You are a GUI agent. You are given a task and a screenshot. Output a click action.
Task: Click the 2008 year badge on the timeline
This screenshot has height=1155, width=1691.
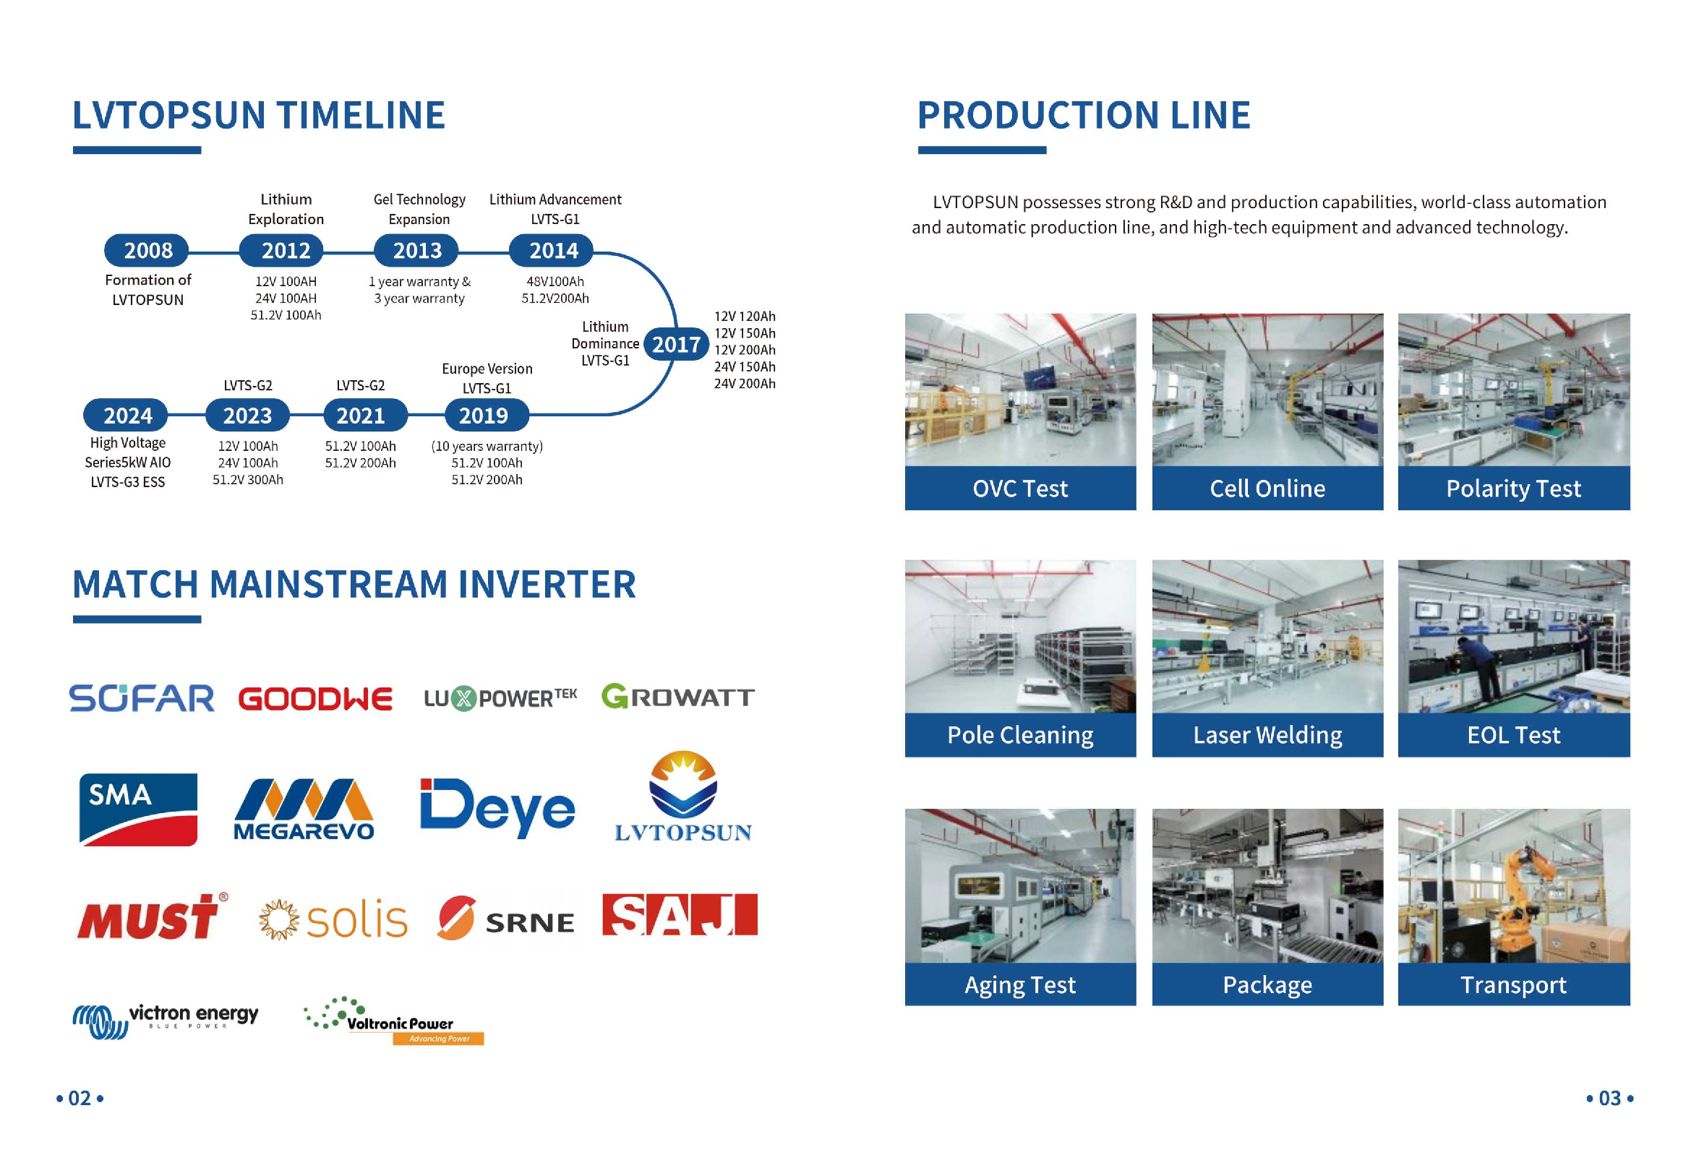tap(147, 251)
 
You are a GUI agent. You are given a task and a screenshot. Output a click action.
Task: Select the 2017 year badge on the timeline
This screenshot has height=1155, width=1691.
tap(676, 344)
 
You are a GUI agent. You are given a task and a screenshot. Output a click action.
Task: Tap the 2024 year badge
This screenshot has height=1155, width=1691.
tap(127, 416)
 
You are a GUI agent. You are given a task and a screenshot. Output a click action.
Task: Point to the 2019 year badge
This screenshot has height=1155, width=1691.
tap(484, 416)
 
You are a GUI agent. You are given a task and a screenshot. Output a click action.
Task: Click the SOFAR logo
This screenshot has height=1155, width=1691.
tap(142, 698)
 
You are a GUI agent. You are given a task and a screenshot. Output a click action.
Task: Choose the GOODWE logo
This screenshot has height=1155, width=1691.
tap(315, 699)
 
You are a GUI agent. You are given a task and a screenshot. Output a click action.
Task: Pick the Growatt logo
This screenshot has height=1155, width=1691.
tap(677, 697)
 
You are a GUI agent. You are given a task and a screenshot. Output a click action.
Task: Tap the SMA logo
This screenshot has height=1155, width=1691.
tap(137, 809)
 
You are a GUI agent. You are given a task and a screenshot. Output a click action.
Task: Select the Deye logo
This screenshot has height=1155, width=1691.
tap(497, 807)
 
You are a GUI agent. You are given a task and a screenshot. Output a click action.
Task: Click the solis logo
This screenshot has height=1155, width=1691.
tap(334, 920)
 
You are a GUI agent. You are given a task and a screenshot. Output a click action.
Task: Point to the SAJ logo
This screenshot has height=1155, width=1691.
tap(680, 915)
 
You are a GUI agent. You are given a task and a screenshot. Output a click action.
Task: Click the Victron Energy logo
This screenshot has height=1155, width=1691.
tap(166, 1020)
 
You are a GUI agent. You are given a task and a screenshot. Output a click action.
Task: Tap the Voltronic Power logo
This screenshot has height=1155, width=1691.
tap(393, 1021)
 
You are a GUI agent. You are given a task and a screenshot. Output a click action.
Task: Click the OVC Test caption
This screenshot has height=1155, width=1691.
tap(1020, 489)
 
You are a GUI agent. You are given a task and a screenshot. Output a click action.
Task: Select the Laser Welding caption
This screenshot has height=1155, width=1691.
tap(1267, 735)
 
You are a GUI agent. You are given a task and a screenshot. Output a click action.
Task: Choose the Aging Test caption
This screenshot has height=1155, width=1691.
tap(1020, 985)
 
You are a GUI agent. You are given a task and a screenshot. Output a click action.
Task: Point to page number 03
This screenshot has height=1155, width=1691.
tap(1609, 1099)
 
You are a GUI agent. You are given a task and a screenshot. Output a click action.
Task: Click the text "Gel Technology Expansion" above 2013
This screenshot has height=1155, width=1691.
tap(419, 210)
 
